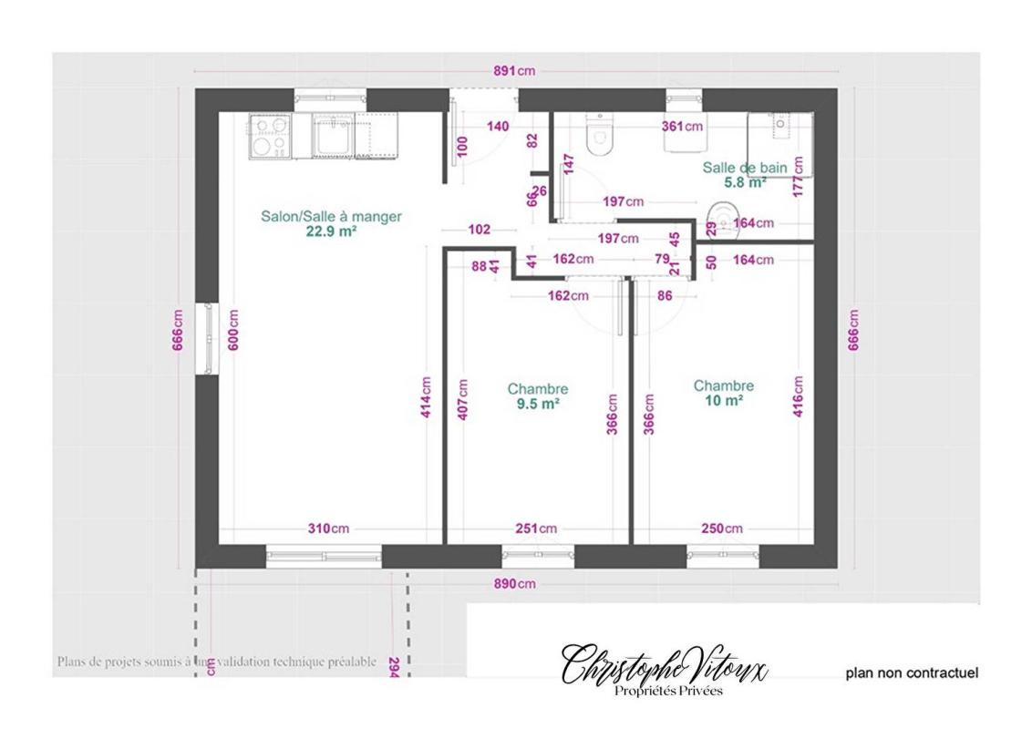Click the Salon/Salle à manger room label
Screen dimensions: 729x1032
(331, 217)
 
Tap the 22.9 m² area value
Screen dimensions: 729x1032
(331, 231)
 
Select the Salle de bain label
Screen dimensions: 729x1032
(744, 168)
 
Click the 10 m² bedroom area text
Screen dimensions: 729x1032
(723, 400)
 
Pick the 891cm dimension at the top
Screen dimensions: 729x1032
(514, 71)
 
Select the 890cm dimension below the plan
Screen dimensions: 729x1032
(514, 583)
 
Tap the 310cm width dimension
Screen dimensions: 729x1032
(327, 529)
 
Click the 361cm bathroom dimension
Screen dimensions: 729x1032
(682, 127)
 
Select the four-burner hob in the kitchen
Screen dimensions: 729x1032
(270, 137)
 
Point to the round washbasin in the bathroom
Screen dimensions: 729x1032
(720, 221)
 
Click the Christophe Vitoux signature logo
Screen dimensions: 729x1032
(665, 670)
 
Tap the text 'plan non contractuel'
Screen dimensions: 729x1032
(912, 673)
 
